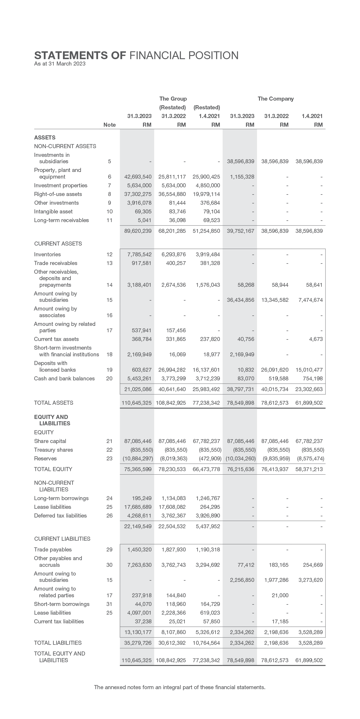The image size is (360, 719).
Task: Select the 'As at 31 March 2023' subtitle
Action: [x=60, y=64]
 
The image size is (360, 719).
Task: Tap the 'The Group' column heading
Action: [x=173, y=99]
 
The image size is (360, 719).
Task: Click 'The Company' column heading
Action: [x=276, y=99]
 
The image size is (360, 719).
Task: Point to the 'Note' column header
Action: [x=109, y=125]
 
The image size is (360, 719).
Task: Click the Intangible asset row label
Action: [x=53, y=212]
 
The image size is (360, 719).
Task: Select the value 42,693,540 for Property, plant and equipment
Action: [x=138, y=177]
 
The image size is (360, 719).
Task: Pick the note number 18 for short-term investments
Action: [x=109, y=355]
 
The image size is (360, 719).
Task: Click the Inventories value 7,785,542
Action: [x=139, y=255]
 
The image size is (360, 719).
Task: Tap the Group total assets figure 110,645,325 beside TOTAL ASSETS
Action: [x=137, y=403]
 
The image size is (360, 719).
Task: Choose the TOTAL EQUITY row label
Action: [x=53, y=469]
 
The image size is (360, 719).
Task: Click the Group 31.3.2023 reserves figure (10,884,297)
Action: [x=137, y=459]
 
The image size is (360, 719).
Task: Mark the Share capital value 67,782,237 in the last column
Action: [x=309, y=441]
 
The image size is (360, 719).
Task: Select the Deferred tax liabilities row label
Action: [x=60, y=516]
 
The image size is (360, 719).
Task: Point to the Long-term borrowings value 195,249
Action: [x=142, y=498]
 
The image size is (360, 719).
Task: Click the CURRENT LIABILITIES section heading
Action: [x=62, y=539]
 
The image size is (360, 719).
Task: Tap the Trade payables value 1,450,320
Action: [x=139, y=550]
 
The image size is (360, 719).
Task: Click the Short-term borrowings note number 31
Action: [x=109, y=604]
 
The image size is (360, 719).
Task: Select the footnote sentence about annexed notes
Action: [x=180, y=687]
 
